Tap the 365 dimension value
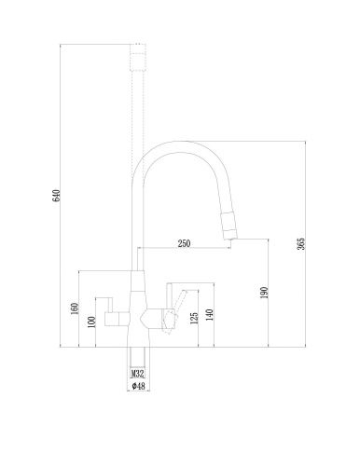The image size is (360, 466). tap(301, 245)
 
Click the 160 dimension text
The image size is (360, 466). tap(74, 308)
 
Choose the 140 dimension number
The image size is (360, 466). tap(212, 315)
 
